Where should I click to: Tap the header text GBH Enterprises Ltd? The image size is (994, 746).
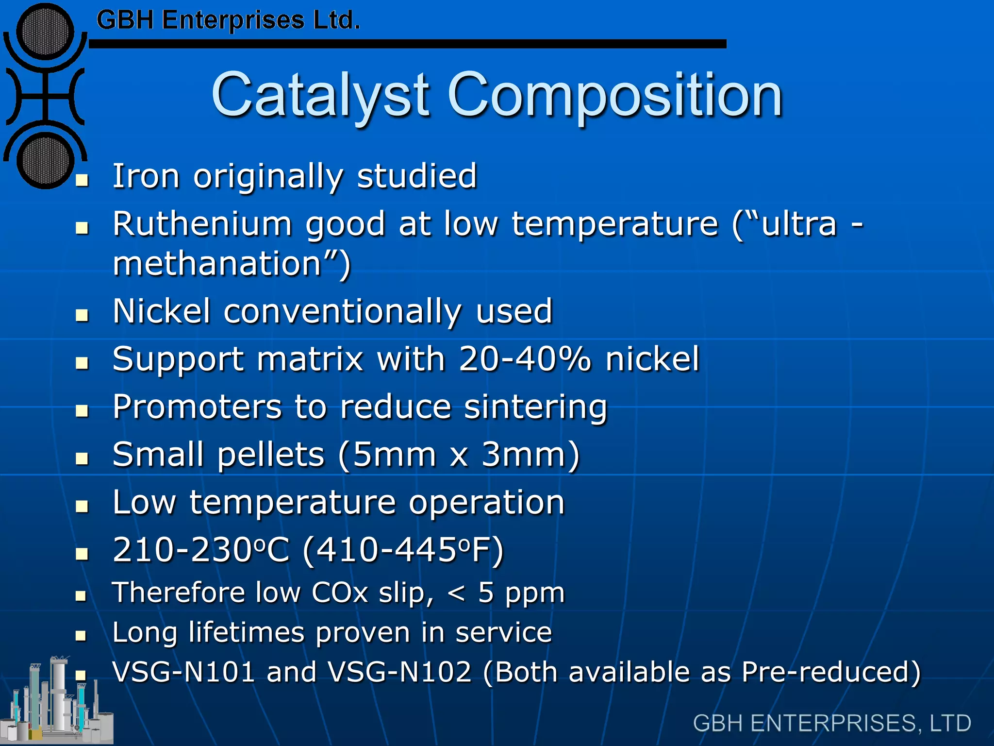click(x=228, y=20)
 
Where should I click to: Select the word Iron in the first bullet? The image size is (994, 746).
click(x=146, y=176)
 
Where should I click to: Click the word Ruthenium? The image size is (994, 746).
click(x=202, y=224)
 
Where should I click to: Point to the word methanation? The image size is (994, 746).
click(x=217, y=264)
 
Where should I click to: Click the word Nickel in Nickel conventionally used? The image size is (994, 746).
click(x=161, y=311)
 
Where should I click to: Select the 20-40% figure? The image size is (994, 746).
click(x=525, y=359)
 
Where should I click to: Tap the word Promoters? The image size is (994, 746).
click(x=197, y=407)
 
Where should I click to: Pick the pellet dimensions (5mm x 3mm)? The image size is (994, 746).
click(x=459, y=455)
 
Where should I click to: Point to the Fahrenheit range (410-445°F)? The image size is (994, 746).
click(x=403, y=550)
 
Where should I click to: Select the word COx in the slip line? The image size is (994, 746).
click(x=340, y=593)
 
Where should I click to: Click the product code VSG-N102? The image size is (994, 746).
click(x=399, y=672)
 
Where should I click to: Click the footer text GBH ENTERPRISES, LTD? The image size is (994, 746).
click(x=831, y=723)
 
